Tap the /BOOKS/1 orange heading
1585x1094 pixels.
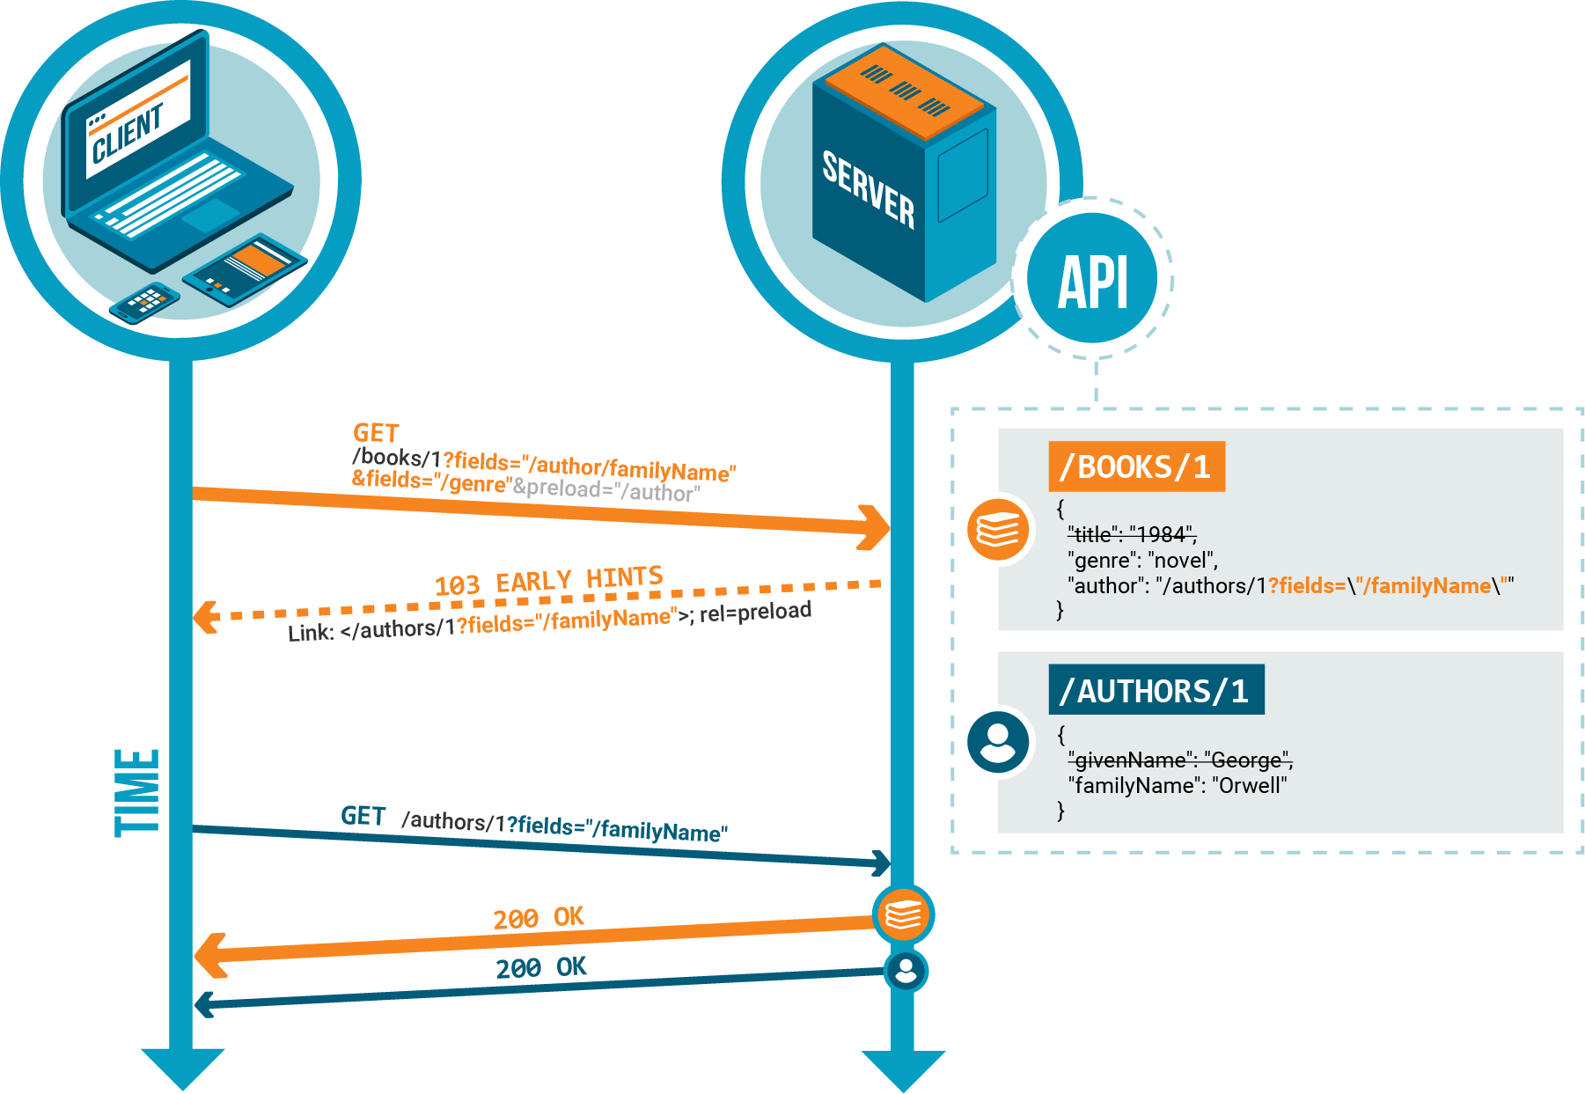click(x=1136, y=466)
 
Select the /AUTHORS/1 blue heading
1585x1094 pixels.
click(x=1156, y=690)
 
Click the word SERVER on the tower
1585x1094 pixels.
click(x=868, y=190)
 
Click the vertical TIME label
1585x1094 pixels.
click(x=137, y=792)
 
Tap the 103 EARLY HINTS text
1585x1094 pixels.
click(x=548, y=581)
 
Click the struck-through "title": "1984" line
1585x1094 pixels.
click(x=1132, y=534)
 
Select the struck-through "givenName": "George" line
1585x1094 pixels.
click(x=1179, y=760)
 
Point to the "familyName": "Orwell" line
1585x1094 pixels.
click(x=1178, y=785)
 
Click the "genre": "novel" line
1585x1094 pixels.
click(x=1142, y=561)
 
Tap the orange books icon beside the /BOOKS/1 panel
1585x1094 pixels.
click(x=998, y=529)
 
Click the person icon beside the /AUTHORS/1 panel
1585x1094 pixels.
click(x=997, y=742)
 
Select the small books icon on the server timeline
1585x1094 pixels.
click(x=903, y=914)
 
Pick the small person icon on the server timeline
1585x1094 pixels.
click(x=906, y=971)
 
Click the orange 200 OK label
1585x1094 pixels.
click(x=538, y=918)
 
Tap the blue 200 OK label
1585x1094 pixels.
click(x=540, y=967)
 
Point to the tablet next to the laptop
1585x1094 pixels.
click(x=245, y=268)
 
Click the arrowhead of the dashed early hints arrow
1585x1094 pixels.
click(x=206, y=616)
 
